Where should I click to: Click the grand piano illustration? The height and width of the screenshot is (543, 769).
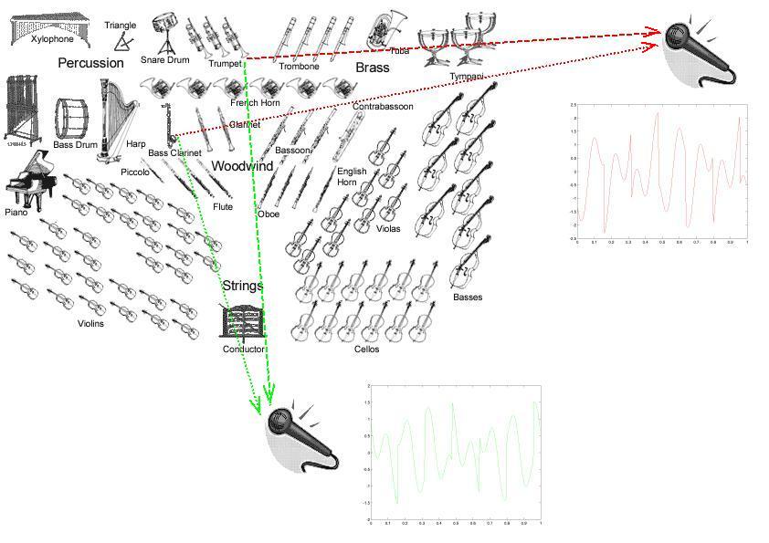click(x=26, y=179)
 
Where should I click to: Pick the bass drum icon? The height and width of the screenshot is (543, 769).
click(x=74, y=118)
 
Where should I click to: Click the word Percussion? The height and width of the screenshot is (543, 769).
click(x=90, y=63)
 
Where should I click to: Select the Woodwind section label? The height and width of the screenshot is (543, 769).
click(x=242, y=166)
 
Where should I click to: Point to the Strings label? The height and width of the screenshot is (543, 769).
click(x=242, y=286)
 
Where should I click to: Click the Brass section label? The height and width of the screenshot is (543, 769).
click(x=372, y=68)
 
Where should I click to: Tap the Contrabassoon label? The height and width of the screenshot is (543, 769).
click(x=383, y=107)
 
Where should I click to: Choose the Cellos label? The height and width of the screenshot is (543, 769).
click(x=366, y=350)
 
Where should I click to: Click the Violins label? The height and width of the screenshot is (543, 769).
click(x=90, y=324)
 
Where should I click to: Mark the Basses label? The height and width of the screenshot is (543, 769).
click(x=468, y=298)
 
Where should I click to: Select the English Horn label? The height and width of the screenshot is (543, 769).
click(x=352, y=177)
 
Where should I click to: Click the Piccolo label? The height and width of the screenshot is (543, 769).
click(x=134, y=172)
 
